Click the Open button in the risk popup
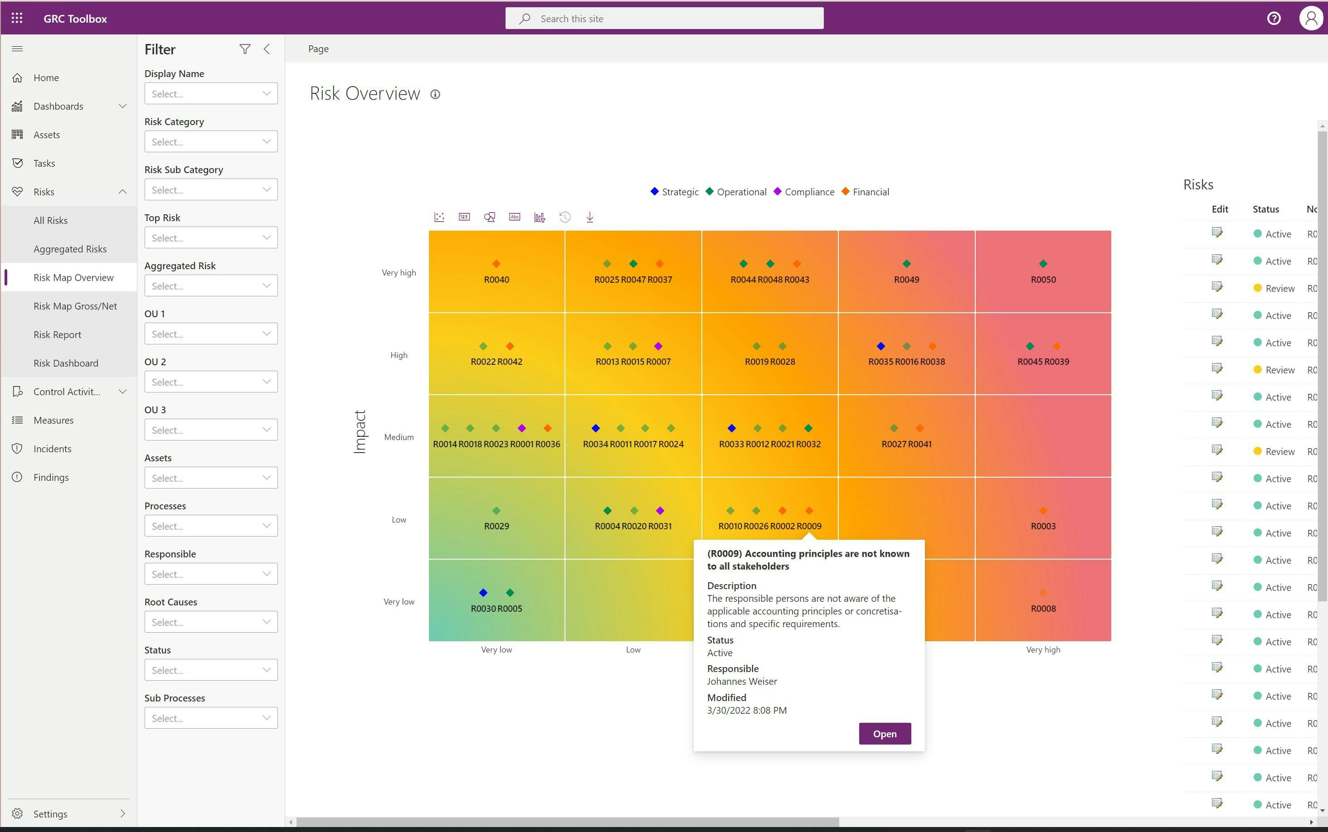click(884, 734)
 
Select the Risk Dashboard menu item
click(66, 363)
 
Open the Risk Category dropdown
click(211, 142)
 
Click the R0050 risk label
click(1043, 280)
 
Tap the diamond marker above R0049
click(906, 264)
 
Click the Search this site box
click(665, 19)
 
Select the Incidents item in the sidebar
click(52, 449)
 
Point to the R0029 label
click(496, 526)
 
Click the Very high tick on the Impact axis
click(399, 273)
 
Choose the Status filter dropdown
click(211, 670)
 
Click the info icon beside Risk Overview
click(435, 95)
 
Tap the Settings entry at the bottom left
click(50, 814)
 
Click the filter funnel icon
click(245, 49)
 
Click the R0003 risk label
click(1043, 526)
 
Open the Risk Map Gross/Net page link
click(75, 306)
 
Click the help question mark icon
click(1274, 19)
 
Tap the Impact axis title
click(360, 432)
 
